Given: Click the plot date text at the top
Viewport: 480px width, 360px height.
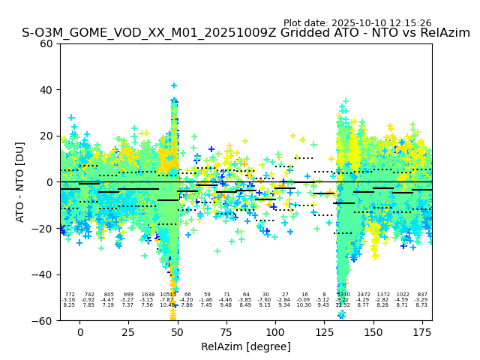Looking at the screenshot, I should tap(357, 23).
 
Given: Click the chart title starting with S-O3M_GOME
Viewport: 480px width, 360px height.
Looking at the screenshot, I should tap(246, 33).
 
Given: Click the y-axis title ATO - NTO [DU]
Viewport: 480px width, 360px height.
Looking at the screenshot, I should tap(20, 181).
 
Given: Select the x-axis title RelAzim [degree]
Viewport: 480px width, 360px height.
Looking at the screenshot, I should tap(246, 346).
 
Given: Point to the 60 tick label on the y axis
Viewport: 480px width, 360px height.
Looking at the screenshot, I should tap(46, 43).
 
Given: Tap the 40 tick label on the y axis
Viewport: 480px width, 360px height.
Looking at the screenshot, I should tap(46, 90).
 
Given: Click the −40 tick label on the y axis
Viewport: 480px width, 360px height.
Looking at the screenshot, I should tap(43, 274).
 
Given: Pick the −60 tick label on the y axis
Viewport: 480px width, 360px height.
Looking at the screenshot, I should tap(43, 320).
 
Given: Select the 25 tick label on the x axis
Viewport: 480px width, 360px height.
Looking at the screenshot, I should tap(128, 332).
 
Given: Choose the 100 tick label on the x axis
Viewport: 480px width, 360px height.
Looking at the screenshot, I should tap(275, 332).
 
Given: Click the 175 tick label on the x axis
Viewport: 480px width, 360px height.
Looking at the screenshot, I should tap(422, 332).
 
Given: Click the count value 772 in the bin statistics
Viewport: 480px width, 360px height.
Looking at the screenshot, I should tap(70, 295).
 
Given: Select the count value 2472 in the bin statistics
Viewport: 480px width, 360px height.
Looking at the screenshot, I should tap(364, 295).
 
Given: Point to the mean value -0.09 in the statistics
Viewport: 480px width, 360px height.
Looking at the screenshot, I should tap(304, 300).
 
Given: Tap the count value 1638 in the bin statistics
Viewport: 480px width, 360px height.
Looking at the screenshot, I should tap(148, 295).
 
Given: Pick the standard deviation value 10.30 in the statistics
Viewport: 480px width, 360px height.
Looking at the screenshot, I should tap(304, 305).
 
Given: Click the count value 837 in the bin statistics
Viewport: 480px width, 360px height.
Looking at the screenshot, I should tap(422, 295).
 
